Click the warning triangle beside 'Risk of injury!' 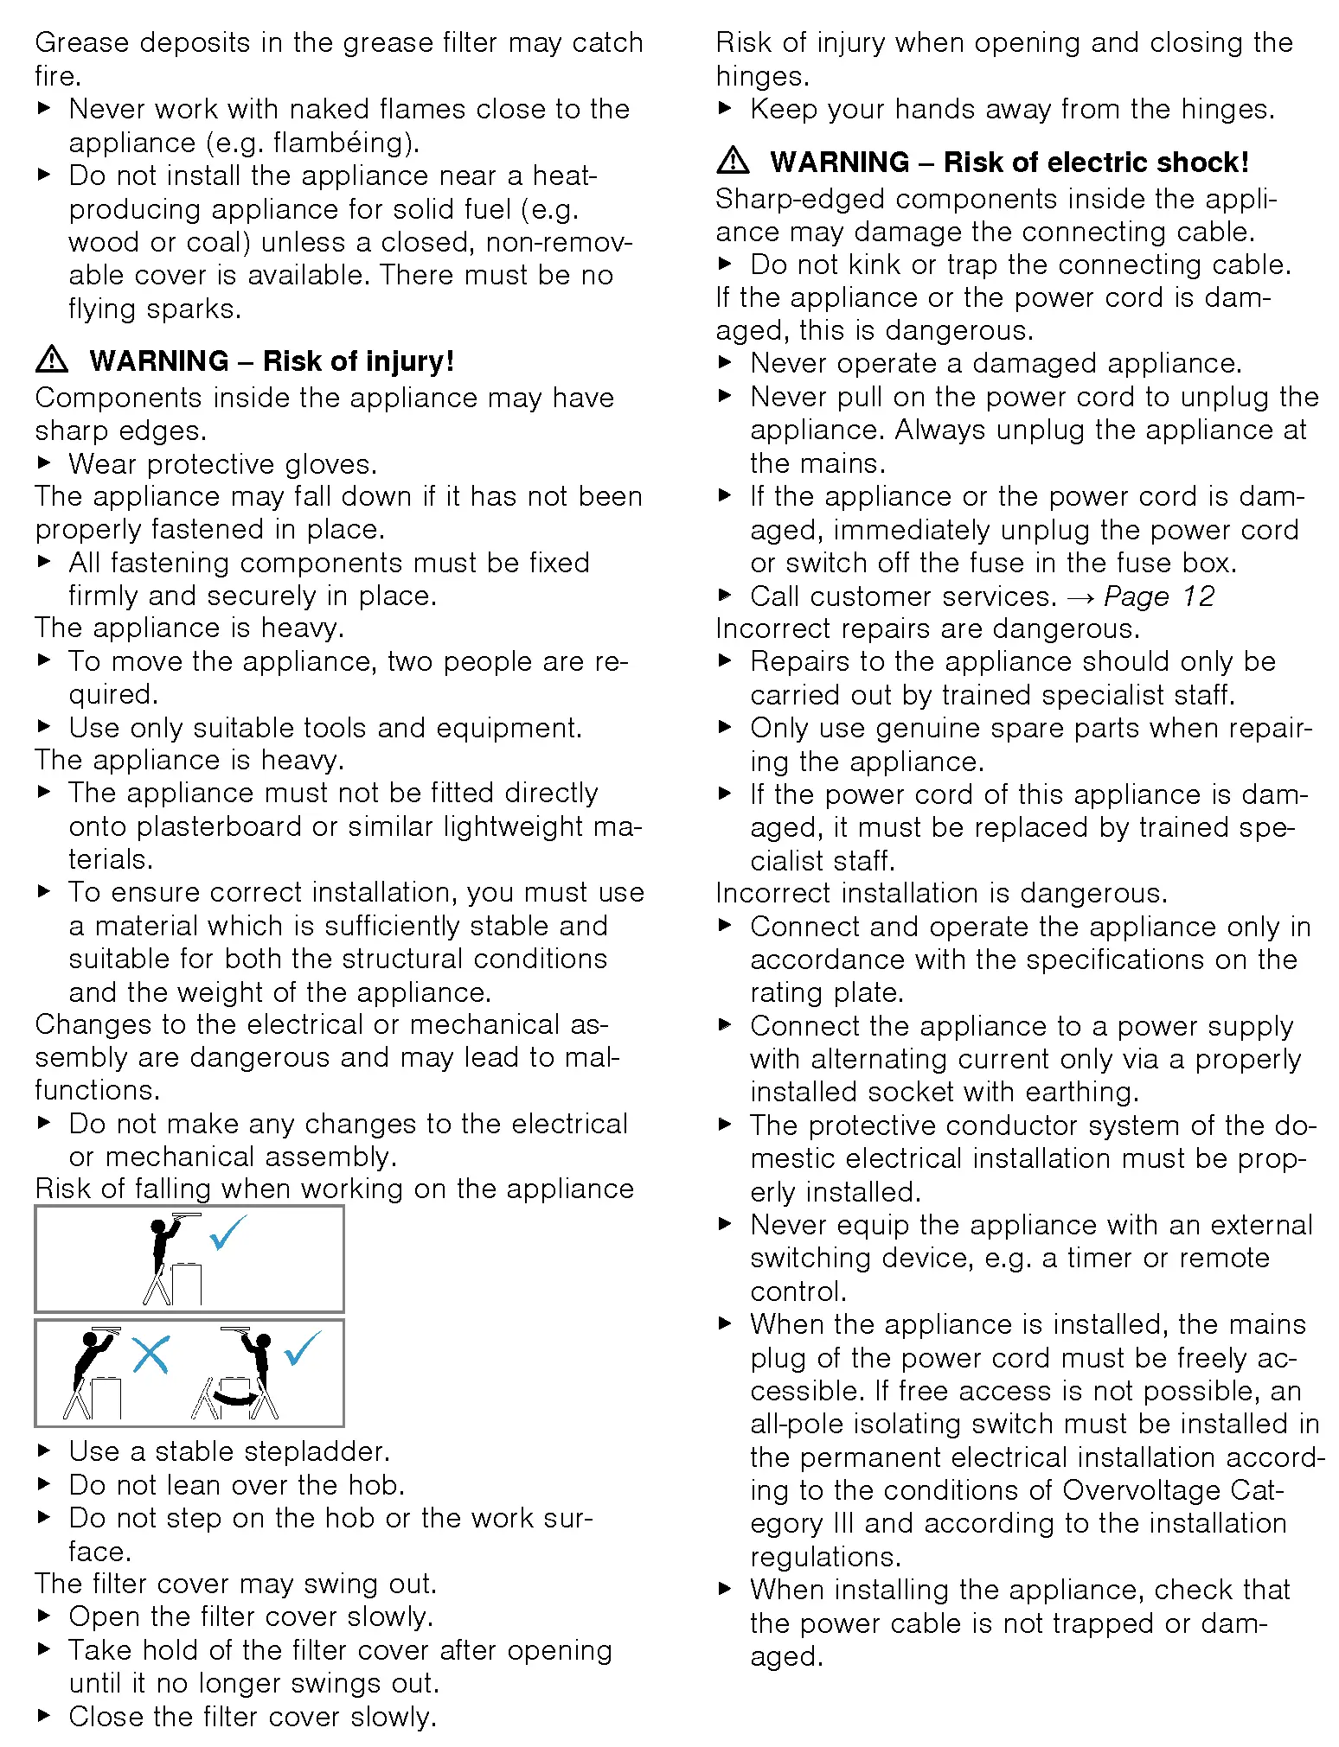pyautogui.click(x=52, y=360)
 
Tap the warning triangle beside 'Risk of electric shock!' pyautogui.click(x=733, y=161)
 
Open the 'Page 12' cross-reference pyautogui.click(x=1159, y=596)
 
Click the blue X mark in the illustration pyautogui.click(x=151, y=1355)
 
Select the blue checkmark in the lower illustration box pyautogui.click(x=302, y=1348)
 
